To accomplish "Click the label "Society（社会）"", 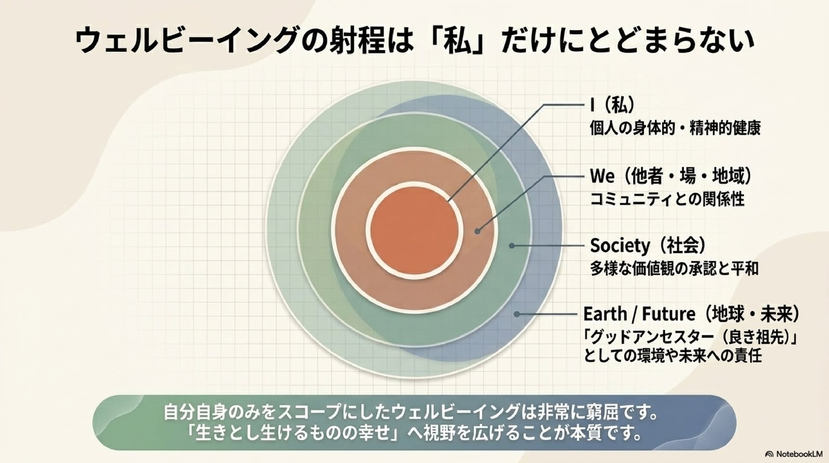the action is [648, 245].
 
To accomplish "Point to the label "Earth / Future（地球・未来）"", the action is [692, 314].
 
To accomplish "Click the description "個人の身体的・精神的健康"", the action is [675, 128].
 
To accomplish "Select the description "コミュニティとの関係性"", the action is [668, 199].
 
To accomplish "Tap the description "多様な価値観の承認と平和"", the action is [674, 268].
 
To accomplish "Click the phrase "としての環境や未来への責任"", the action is [673, 356].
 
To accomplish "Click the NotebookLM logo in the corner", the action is [794, 454].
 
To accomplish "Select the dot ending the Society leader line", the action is [512, 245].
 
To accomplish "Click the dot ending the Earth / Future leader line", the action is [516, 314].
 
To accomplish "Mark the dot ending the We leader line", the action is [477, 231].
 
